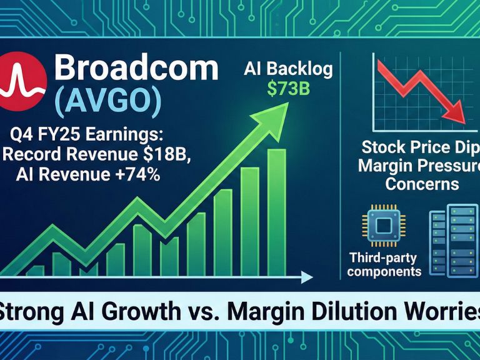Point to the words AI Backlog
click(x=287, y=69)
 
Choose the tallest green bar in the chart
click(x=276, y=212)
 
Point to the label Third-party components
click(x=384, y=264)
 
